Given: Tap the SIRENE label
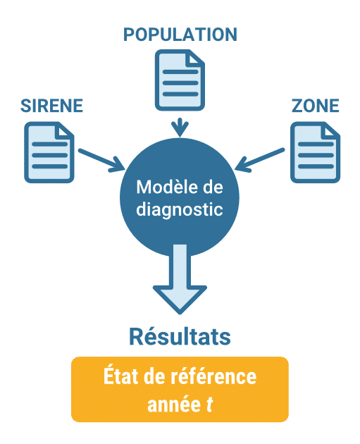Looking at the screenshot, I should [x=52, y=107].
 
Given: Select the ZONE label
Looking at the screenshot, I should [x=315, y=107].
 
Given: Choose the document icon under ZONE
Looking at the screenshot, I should [x=315, y=151].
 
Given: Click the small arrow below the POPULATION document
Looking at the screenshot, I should [x=180, y=127].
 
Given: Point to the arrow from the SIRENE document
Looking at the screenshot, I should [x=101, y=160].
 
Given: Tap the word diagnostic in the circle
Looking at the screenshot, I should [x=180, y=209].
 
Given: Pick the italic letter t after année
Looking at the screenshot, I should [x=209, y=405].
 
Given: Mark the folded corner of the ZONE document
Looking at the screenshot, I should [x=329, y=130].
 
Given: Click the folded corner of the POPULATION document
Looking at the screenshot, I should [x=194, y=59].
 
